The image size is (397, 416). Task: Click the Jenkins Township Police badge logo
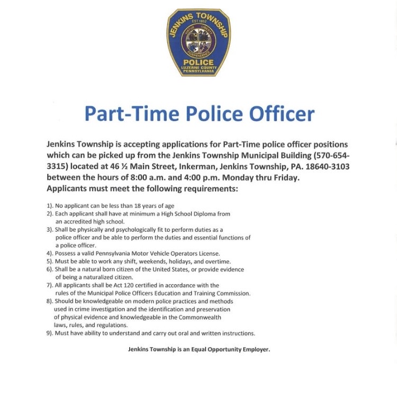(x=198, y=42)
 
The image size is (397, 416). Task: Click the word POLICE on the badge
(x=198, y=62)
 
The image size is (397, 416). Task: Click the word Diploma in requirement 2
(x=205, y=213)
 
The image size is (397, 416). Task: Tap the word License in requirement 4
(x=207, y=254)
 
